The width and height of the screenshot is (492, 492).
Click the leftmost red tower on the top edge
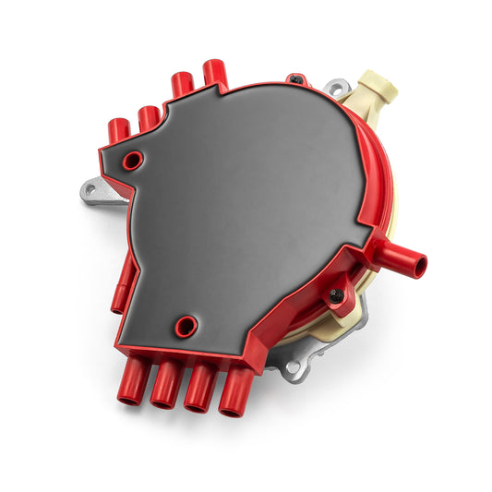pyautogui.click(x=118, y=130)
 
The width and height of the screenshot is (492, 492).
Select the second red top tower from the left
pyautogui.click(x=148, y=117)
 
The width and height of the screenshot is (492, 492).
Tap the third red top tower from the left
pyautogui.click(x=182, y=84)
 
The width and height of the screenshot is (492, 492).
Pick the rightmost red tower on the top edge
pyautogui.click(x=215, y=73)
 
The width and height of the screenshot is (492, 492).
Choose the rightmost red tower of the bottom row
pyautogui.click(x=234, y=390)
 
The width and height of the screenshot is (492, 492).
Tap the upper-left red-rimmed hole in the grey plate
pyautogui.click(x=133, y=160)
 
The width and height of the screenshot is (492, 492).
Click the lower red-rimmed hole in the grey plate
pyautogui.click(x=186, y=326)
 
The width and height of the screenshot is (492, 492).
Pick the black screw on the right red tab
pyautogui.click(x=337, y=295)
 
